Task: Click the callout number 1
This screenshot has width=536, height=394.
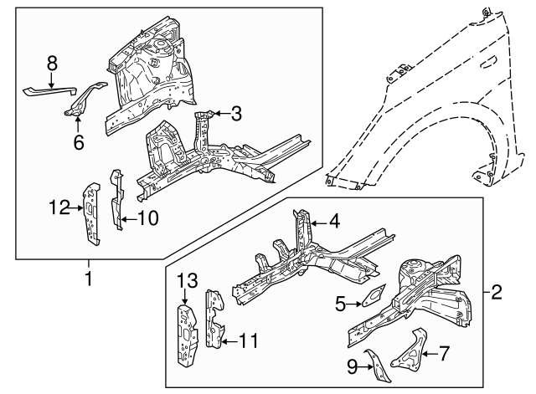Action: [x=88, y=275]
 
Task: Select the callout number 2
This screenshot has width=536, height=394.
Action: [x=496, y=292]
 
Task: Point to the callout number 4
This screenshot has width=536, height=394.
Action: [x=334, y=222]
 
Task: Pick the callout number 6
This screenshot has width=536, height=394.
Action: [x=79, y=142]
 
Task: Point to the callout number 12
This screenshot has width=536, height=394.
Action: [x=56, y=207]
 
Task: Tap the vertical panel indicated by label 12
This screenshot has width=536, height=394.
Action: [x=91, y=214]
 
